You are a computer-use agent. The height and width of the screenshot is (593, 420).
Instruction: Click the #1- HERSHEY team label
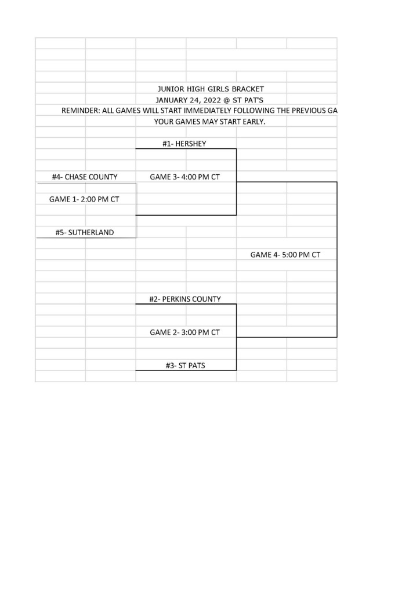pos(184,144)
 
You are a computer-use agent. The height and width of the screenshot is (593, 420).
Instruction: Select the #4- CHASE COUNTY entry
pos(85,177)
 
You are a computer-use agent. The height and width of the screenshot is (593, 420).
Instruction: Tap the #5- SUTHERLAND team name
pos(85,233)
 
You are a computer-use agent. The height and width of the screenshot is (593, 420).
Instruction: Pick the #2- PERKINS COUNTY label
pos(185,299)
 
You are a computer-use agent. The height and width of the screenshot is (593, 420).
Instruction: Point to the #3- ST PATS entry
pos(186,366)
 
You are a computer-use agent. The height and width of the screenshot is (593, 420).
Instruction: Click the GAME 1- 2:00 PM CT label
pos(84,199)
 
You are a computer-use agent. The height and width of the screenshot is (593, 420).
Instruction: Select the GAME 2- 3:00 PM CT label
pos(185,332)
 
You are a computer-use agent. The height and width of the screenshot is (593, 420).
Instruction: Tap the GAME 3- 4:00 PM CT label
pos(185,177)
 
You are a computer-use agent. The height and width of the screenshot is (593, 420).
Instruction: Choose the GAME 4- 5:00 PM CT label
pos(285,255)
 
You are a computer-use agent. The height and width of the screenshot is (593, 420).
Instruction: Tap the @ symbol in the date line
pos(227,100)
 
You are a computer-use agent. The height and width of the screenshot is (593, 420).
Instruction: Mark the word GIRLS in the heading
pos(218,89)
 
